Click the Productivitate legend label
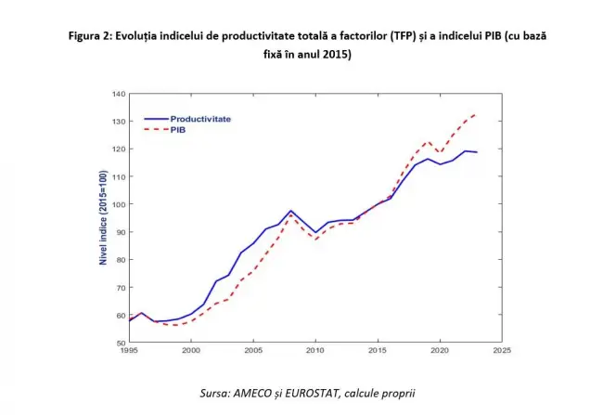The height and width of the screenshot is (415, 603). click(199, 119)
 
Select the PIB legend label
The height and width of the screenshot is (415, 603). click(177, 130)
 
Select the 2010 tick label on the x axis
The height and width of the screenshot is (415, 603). click(315, 351)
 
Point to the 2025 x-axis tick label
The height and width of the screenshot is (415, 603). click(502, 351)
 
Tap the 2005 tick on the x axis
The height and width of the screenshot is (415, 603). click(252, 351)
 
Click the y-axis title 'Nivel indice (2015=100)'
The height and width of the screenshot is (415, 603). click(104, 219)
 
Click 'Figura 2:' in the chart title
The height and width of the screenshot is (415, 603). click(95, 36)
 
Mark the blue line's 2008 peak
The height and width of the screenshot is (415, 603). click(290, 211)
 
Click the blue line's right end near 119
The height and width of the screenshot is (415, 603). click(477, 151)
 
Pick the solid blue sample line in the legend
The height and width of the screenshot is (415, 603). click(154, 119)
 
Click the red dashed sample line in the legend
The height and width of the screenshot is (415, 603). click(154, 130)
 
